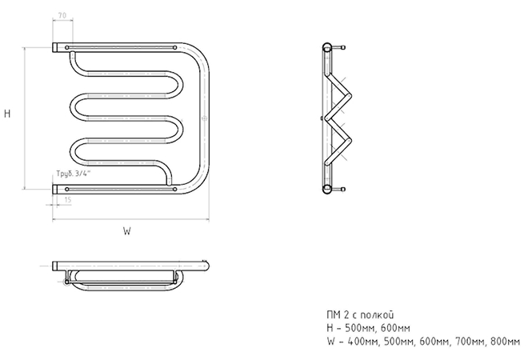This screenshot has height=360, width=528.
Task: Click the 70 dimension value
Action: [x=62, y=15]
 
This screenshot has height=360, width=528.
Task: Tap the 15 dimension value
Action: [x=68, y=200]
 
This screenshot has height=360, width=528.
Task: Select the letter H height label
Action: [x=7, y=114]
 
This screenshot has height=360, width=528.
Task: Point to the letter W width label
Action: [x=126, y=231]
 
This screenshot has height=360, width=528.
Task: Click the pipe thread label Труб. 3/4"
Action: [x=74, y=174]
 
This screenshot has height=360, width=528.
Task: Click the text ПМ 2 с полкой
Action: [x=360, y=315]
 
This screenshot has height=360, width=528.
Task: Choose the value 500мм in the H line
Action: [x=362, y=328]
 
